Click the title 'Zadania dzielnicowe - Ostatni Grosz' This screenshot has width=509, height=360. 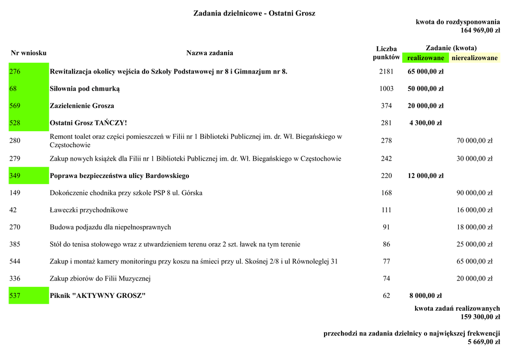(x=254, y=13)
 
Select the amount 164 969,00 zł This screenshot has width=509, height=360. (x=480, y=30)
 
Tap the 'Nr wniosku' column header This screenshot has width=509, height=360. (x=28, y=53)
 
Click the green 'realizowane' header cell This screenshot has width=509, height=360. (x=425, y=58)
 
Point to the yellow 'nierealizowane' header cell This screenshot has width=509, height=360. (x=474, y=58)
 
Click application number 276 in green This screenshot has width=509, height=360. (x=15, y=72)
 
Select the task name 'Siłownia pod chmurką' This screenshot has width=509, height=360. (x=85, y=89)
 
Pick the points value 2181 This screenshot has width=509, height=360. (x=386, y=72)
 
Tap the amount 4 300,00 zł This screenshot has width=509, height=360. (x=425, y=123)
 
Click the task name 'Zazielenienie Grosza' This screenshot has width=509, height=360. (x=82, y=106)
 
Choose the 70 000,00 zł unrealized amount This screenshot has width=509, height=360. (x=474, y=141)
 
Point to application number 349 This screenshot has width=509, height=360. (x=15, y=176)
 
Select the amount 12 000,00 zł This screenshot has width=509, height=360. (x=425, y=176)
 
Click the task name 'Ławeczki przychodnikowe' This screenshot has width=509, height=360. (x=89, y=210)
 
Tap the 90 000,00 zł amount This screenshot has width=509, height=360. (x=474, y=193)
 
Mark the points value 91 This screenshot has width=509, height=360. (x=386, y=227)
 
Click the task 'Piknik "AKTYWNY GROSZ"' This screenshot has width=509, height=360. (x=98, y=296)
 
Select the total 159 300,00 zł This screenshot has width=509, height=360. (x=480, y=317)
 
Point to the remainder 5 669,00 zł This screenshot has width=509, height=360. (x=484, y=342)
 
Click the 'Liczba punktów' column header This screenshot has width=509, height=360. (x=386, y=53)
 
